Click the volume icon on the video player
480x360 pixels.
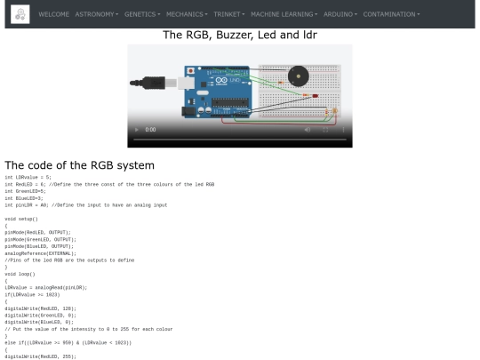(307, 130)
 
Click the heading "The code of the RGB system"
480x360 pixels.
(80, 164)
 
